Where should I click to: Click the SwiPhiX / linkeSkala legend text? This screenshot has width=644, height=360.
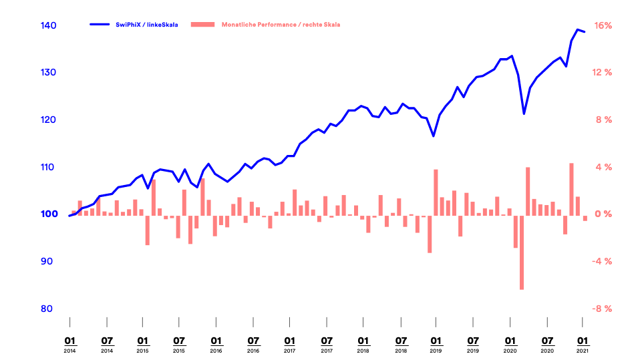pos(146,25)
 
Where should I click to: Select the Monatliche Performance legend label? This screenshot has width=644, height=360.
pos(281,25)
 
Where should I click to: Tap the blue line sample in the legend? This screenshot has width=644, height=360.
pos(99,25)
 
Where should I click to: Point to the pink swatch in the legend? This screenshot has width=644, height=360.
pos(203,25)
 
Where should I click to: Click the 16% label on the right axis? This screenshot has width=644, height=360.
pos(603,25)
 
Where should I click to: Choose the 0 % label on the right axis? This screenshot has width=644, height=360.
pos(603,214)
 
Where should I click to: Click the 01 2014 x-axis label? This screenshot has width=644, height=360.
pos(69,343)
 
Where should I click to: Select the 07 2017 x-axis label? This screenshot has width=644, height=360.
pos(327,343)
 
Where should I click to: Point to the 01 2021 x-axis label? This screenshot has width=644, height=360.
pos(583,343)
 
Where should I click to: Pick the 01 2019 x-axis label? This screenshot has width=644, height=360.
pos(436,343)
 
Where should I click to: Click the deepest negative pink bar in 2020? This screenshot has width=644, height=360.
pos(522,252)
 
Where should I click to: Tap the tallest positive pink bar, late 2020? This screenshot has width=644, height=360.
pos(572,188)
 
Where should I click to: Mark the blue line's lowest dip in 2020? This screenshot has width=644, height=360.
pos(524,114)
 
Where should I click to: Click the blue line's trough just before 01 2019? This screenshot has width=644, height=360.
pos(433,136)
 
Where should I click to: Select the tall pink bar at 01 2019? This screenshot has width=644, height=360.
pos(436,192)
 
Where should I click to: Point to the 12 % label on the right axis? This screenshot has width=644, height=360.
pos(603,73)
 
